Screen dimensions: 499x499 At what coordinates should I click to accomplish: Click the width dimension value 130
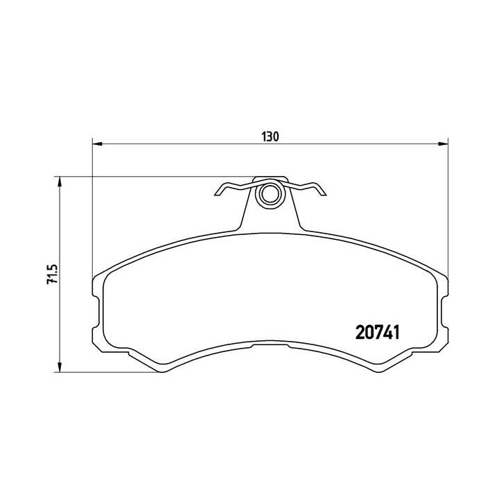click(270, 137)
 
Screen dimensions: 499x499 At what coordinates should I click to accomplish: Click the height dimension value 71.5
click(51, 275)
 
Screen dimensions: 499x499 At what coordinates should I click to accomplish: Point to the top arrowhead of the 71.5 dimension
click(60, 182)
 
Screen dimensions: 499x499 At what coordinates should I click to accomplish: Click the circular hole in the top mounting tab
click(270, 195)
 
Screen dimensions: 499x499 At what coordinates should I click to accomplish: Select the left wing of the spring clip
click(231, 188)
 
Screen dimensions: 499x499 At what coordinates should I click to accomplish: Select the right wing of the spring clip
click(309, 188)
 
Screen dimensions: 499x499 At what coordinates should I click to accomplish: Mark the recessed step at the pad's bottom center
click(270, 346)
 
